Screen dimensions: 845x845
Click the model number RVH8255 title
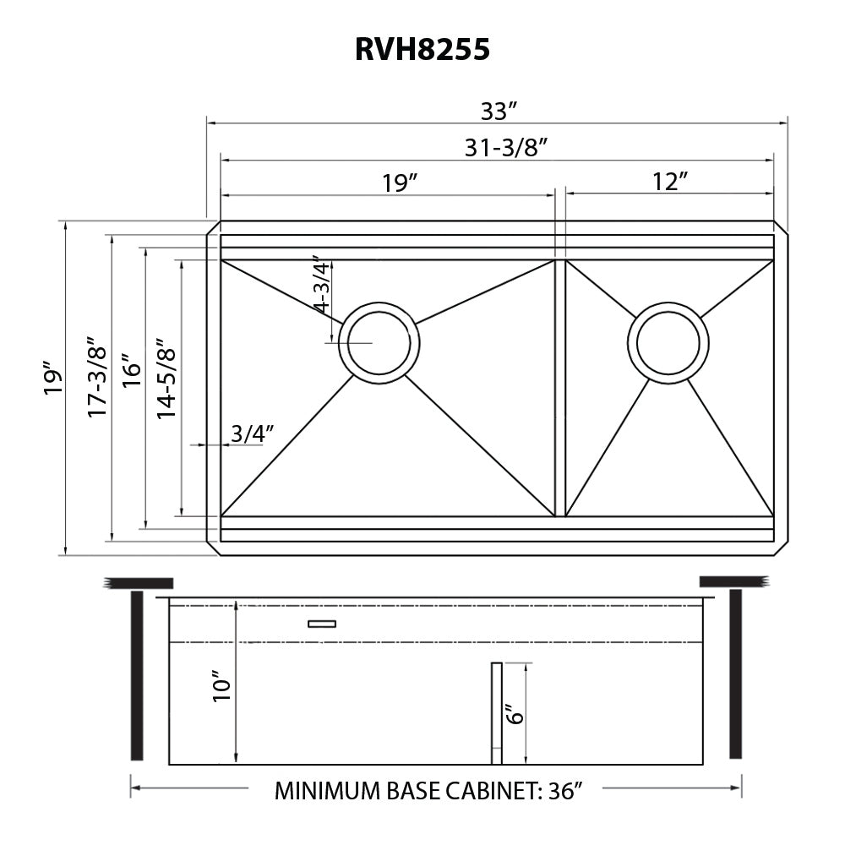[x=422, y=50]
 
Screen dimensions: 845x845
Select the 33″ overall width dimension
[x=499, y=111]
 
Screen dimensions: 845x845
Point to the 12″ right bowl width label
[x=669, y=182]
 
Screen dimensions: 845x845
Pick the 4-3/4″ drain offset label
[x=321, y=285]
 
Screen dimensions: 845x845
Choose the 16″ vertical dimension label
[x=131, y=371]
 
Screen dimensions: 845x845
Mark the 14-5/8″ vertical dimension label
[x=166, y=379]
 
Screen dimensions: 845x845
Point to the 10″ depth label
[x=222, y=686]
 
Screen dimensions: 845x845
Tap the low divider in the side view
[x=496, y=713]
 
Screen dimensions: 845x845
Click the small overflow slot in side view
[x=322, y=624]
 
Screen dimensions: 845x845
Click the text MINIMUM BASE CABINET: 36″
[x=429, y=791]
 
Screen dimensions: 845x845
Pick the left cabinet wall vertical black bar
[x=137, y=675]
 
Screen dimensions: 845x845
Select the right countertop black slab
[x=733, y=581]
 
